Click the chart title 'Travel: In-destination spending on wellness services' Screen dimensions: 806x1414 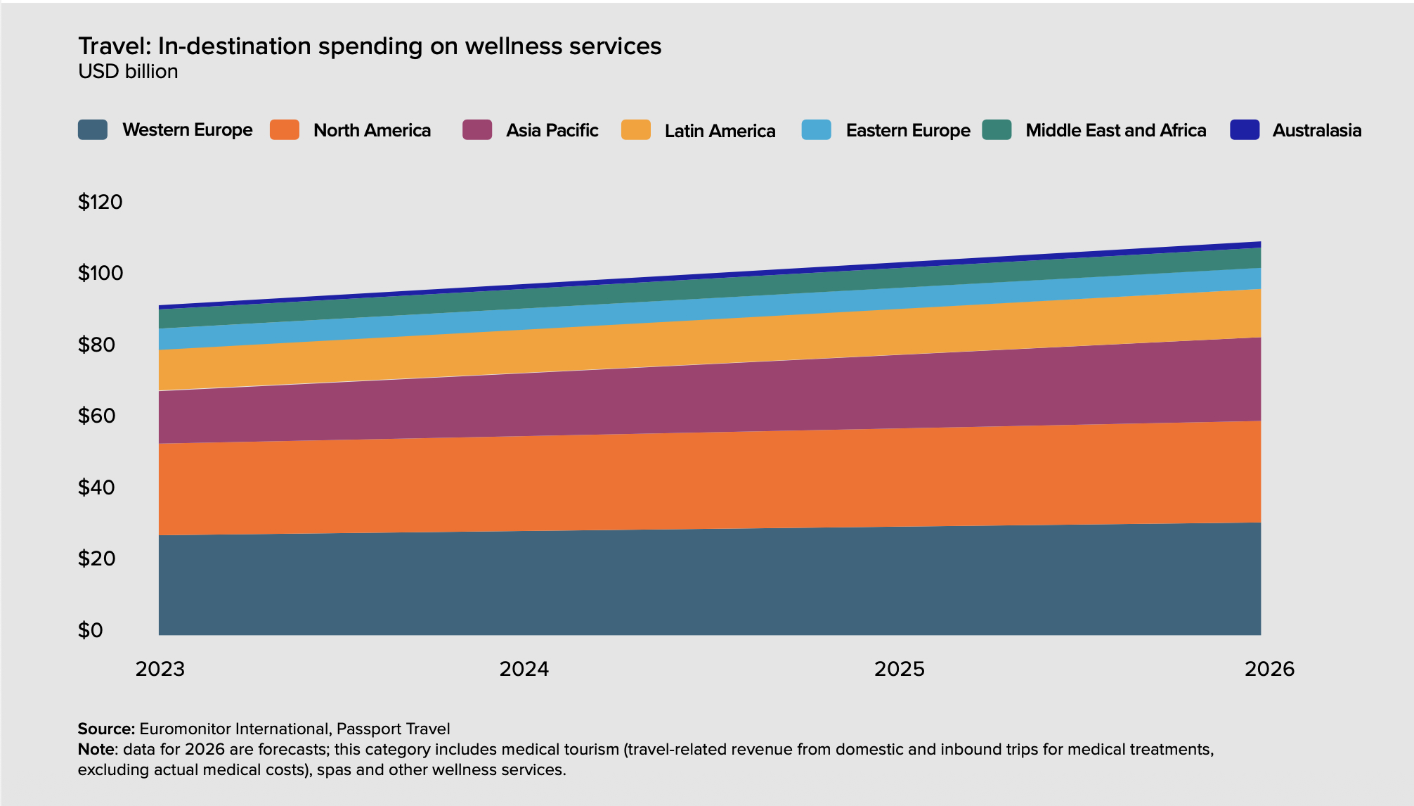point(370,46)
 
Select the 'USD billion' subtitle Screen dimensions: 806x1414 point(128,72)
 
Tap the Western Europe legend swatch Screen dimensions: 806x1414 point(93,130)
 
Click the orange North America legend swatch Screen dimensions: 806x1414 point(285,130)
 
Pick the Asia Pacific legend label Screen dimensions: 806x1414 point(552,131)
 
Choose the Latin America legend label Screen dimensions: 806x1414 point(720,131)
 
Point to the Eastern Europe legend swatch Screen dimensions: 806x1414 point(816,130)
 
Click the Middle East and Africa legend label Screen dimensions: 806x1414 point(1115,131)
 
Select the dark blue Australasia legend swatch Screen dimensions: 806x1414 point(1245,130)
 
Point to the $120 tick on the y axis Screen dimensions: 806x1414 point(100,203)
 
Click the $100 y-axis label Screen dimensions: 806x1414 point(100,273)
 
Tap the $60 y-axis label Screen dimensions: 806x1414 point(96,416)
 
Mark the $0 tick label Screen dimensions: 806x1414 point(90,630)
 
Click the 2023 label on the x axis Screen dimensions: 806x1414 point(160,669)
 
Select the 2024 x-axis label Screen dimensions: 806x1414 point(524,669)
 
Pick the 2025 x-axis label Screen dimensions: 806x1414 point(900,669)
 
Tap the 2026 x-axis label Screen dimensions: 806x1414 point(1269,669)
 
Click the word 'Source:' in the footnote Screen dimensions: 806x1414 point(106,729)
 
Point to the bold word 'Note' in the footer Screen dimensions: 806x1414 point(96,749)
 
